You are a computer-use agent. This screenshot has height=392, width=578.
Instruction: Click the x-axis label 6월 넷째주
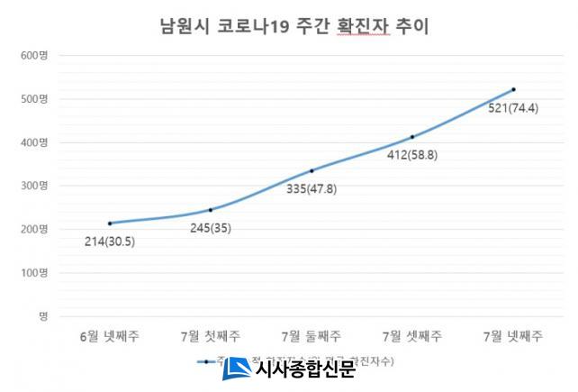pyautogui.click(x=109, y=337)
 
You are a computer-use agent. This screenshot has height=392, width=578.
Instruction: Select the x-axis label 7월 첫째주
pyautogui.click(x=211, y=337)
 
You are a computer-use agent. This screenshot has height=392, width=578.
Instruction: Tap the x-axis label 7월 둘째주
pyautogui.click(x=312, y=337)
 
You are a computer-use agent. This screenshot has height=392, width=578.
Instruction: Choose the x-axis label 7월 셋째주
pyautogui.click(x=412, y=337)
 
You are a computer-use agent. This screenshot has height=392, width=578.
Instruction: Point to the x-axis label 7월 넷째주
pyautogui.click(x=513, y=337)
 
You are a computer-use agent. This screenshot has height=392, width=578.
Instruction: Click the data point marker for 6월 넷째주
pyautogui.click(x=110, y=223)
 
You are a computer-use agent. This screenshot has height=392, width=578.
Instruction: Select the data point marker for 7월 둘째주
pyautogui.click(x=312, y=170)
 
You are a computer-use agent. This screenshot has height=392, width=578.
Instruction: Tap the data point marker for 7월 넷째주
pyautogui.click(x=513, y=89)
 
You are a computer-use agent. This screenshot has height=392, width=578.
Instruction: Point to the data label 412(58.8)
pyautogui.click(x=413, y=155)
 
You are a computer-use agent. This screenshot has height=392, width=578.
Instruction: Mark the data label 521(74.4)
pyautogui.click(x=512, y=108)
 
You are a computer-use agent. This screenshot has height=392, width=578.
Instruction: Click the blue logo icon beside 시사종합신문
pyautogui.click(x=238, y=369)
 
